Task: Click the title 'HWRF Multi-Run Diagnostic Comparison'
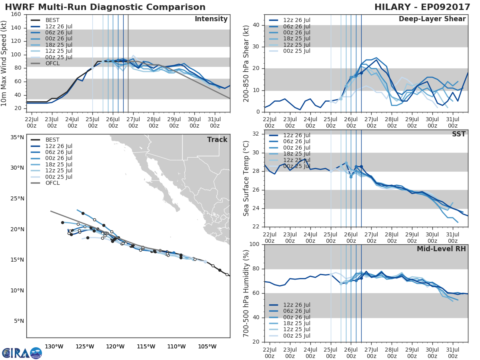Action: coord(105,7)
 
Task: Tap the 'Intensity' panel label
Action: coord(211,19)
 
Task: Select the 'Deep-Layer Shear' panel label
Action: coord(432,19)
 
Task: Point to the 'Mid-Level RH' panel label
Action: coord(441,249)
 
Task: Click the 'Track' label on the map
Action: coord(217,140)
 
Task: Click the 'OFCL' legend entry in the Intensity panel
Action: coord(52,64)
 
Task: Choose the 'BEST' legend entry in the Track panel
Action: coord(52,140)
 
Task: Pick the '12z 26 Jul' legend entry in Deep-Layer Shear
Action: coord(296,20)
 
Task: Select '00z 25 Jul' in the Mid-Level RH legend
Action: coord(296,336)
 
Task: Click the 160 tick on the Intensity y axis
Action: coord(16,14)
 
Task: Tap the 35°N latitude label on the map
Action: coord(17,137)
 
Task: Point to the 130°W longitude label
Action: coord(54,346)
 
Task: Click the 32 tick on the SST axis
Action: coord(256,134)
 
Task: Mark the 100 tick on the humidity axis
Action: coord(254,244)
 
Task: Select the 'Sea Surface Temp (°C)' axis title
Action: coord(246,178)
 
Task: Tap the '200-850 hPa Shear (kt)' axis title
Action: coord(246,63)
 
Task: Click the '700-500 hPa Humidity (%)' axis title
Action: coord(246,293)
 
